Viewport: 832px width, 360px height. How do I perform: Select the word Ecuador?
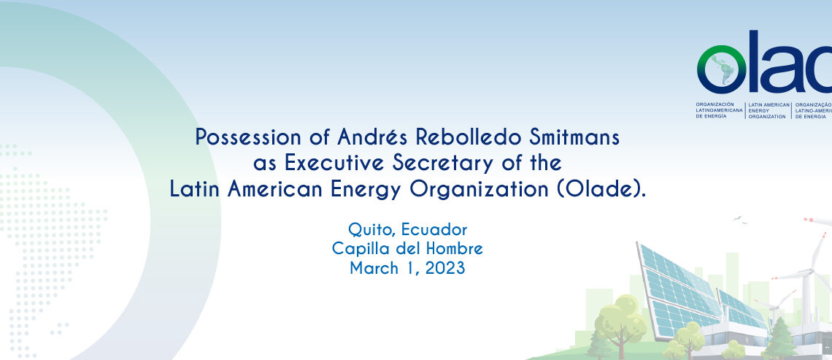434,229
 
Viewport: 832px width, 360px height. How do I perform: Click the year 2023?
444,268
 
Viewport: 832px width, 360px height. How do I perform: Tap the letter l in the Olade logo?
756,61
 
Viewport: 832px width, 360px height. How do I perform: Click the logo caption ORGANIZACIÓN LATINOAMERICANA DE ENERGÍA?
720,110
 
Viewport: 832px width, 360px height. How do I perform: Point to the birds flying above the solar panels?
740,219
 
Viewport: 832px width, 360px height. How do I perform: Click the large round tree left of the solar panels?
620,321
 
